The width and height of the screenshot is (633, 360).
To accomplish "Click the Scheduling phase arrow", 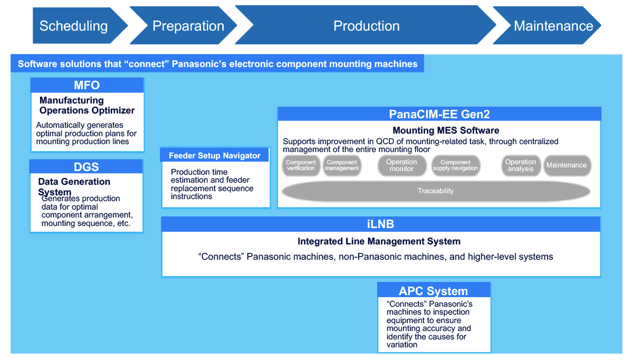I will [x=74, y=25].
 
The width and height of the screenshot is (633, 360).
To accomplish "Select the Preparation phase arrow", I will [x=188, y=25].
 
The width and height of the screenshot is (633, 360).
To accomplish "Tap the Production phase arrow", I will [x=366, y=25].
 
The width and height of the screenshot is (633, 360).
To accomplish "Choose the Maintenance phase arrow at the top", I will [x=553, y=25].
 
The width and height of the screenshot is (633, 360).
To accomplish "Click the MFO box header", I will [x=87, y=86].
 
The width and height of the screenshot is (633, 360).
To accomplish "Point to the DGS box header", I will [x=87, y=167].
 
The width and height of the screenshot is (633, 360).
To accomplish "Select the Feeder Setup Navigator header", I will [x=215, y=155].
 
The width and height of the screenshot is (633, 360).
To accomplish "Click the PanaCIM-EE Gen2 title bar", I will [x=439, y=114].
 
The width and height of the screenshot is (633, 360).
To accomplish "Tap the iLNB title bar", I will [x=380, y=224].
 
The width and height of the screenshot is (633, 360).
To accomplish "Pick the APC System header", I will [x=434, y=291].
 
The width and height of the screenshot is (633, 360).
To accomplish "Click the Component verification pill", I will [x=301, y=165].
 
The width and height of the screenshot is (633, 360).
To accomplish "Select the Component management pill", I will [x=342, y=165].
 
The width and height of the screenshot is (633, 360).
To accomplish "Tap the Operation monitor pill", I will [x=401, y=165].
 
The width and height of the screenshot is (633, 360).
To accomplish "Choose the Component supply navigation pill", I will [x=456, y=165].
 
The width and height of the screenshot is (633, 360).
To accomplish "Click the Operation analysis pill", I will [x=521, y=165].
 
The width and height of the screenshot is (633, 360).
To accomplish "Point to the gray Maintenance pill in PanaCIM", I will [x=567, y=165].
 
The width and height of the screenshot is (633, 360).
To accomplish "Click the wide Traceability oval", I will [x=436, y=191].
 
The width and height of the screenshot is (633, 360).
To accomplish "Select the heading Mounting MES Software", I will [x=446, y=130].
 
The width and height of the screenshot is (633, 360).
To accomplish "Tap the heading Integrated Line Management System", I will [x=379, y=241].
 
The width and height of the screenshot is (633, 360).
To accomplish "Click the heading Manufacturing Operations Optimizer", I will [x=87, y=106].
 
